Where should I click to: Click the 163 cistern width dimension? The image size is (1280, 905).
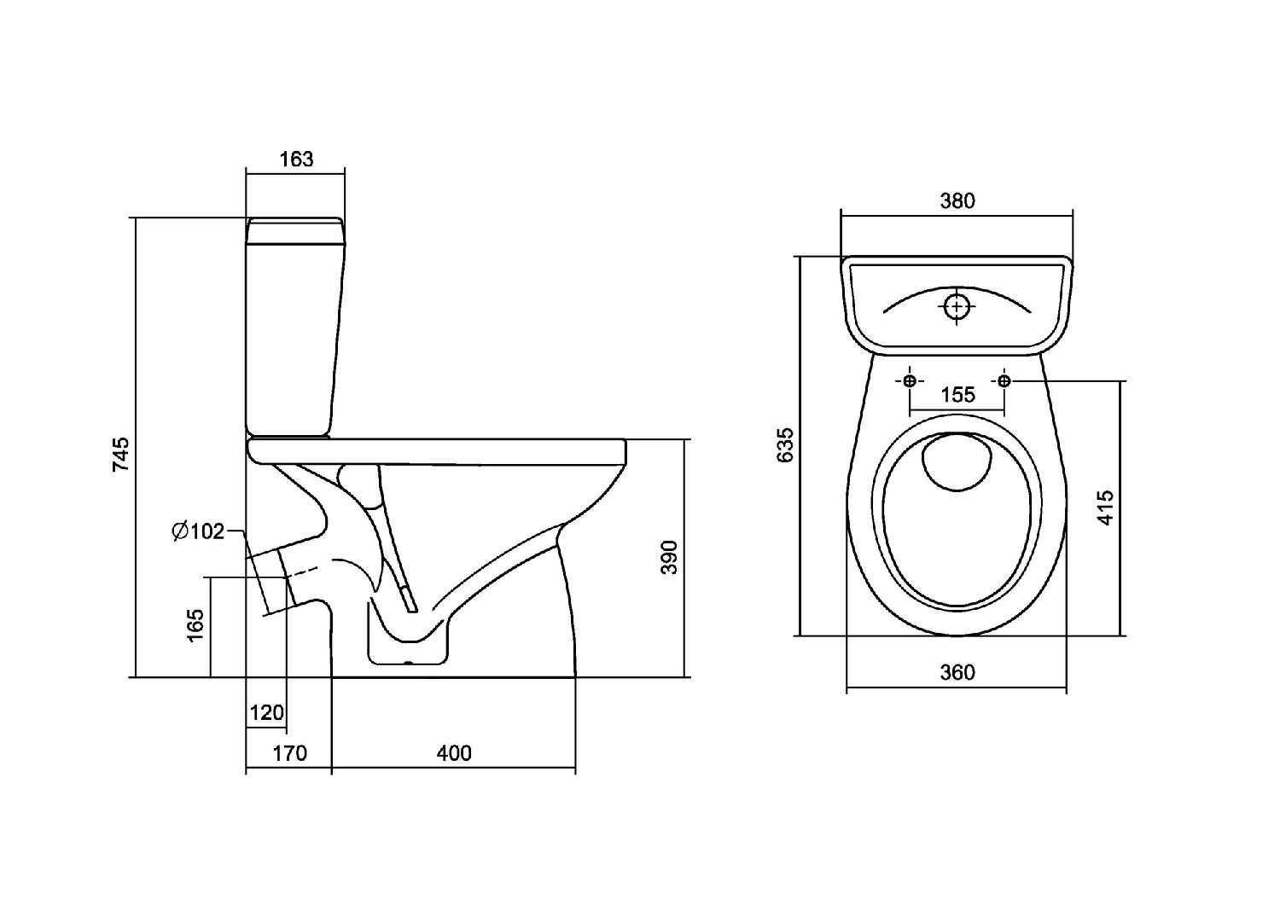click(296, 159)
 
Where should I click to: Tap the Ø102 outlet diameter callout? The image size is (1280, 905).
click(198, 531)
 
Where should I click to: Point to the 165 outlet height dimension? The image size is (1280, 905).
click(195, 625)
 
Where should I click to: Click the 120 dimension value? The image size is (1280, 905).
click(266, 712)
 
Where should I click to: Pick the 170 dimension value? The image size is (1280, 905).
click(289, 753)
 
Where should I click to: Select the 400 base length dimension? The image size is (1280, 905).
click(453, 753)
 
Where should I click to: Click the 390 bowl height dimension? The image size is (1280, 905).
click(670, 556)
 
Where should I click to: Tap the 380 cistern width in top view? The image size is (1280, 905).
click(957, 200)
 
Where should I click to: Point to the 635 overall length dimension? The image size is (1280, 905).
click(785, 444)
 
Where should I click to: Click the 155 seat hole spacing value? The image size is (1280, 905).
click(957, 395)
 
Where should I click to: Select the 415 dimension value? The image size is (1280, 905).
click(1105, 507)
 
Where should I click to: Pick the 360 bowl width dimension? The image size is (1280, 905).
click(957, 672)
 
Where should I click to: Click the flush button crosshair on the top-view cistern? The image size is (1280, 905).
click(957, 305)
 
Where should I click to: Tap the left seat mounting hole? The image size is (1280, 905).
click(910, 380)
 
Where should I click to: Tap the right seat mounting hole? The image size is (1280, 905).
click(1004, 380)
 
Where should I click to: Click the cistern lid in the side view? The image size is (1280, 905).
click(295, 231)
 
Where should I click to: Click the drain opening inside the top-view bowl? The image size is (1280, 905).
click(957, 461)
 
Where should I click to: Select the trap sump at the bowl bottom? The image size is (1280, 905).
click(408, 644)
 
